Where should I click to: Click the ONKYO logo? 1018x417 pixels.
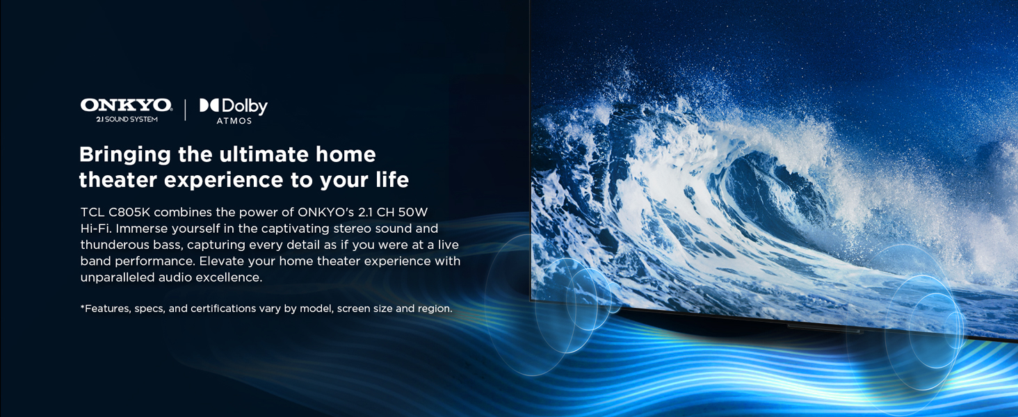click(126, 105)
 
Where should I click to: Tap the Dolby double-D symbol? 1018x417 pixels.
click(209, 106)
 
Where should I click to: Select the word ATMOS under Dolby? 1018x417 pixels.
click(234, 121)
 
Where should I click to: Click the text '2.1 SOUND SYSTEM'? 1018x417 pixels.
click(127, 120)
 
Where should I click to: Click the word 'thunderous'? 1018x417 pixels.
click(114, 245)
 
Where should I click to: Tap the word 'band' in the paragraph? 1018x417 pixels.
click(95, 261)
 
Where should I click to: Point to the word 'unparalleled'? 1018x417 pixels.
click(118, 277)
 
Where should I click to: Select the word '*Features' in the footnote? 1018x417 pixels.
click(104, 309)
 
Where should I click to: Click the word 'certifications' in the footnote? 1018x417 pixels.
click(222, 309)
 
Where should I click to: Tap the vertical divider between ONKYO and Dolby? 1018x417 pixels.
click(185, 110)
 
